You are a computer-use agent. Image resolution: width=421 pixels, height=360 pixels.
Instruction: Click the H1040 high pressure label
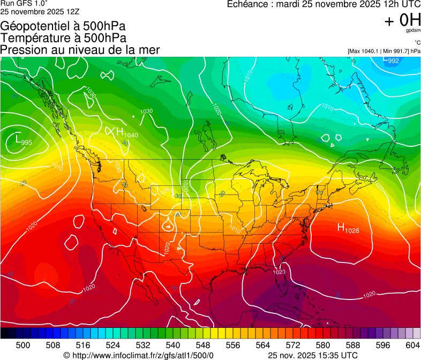coord(127,132)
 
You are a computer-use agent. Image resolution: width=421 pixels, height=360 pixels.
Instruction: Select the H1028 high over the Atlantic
coord(348,228)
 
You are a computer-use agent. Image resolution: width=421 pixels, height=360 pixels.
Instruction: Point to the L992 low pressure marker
coord(391,60)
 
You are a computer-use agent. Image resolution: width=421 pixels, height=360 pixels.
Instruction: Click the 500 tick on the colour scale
coord(23,345)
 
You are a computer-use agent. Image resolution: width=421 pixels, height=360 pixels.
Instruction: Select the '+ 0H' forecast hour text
coord(402,20)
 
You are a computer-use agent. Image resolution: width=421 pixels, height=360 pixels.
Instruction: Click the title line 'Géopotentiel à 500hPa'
coord(63,26)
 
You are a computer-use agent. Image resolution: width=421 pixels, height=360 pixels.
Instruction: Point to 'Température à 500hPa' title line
coord(63,38)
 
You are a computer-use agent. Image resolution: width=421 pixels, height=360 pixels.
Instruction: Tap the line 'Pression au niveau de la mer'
coord(80,50)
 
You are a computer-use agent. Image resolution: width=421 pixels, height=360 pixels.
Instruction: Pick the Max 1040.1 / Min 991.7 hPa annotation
coord(384,51)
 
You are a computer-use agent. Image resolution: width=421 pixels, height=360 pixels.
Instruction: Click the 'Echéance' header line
coord(324,4)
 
